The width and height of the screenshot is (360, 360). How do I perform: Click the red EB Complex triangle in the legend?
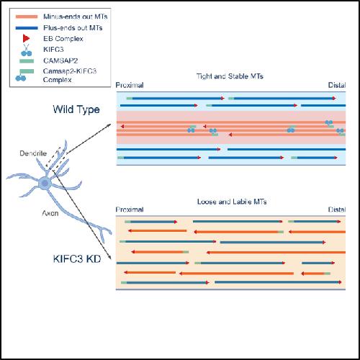(26, 38)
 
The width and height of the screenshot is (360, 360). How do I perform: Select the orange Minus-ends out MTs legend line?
(27, 17)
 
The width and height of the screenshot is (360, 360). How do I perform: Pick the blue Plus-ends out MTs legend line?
(27, 28)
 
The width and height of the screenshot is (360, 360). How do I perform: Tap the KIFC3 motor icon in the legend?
(26, 50)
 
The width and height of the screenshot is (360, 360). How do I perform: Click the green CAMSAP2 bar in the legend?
(27, 61)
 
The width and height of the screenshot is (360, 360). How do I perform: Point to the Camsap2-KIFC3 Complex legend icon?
(24, 75)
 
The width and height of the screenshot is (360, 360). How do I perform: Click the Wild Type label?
(76, 109)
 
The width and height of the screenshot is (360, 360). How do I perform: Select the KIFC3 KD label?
(77, 258)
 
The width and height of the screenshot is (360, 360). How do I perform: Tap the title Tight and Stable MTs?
(230, 76)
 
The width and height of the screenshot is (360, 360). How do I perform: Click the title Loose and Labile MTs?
(232, 202)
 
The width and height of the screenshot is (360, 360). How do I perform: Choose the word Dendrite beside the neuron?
(33, 153)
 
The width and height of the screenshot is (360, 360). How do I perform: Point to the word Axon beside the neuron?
(50, 213)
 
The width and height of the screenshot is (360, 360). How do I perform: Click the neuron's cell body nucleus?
(45, 184)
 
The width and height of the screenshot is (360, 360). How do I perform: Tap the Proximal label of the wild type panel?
(130, 85)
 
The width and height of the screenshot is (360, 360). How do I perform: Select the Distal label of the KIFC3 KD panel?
(337, 210)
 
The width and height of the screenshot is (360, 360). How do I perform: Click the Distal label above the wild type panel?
(337, 85)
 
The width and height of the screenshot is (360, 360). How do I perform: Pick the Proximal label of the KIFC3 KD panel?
(130, 210)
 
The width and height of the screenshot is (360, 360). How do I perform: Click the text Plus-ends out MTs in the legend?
(73, 28)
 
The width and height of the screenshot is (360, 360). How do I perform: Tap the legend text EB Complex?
(63, 39)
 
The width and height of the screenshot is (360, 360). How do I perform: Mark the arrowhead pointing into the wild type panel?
(109, 125)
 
